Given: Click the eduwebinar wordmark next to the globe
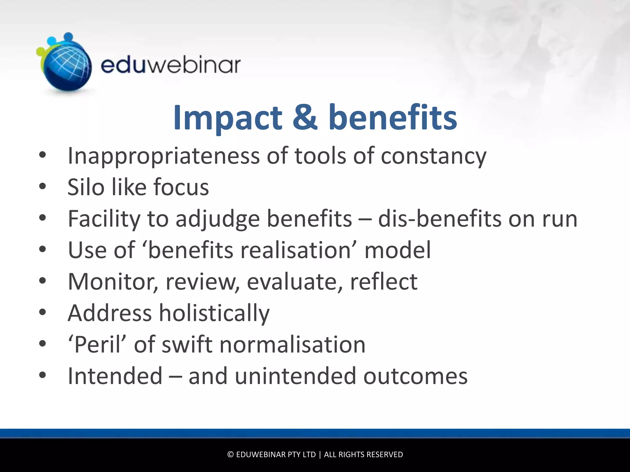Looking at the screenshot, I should [x=170, y=65].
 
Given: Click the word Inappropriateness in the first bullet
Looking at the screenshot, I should [x=163, y=156].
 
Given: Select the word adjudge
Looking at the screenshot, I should [x=217, y=219].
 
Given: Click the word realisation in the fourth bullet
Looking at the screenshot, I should [x=296, y=250].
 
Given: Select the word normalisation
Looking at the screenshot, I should [x=292, y=344].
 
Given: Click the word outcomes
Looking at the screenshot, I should [x=415, y=376].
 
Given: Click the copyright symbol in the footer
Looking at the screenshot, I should [x=230, y=454].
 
